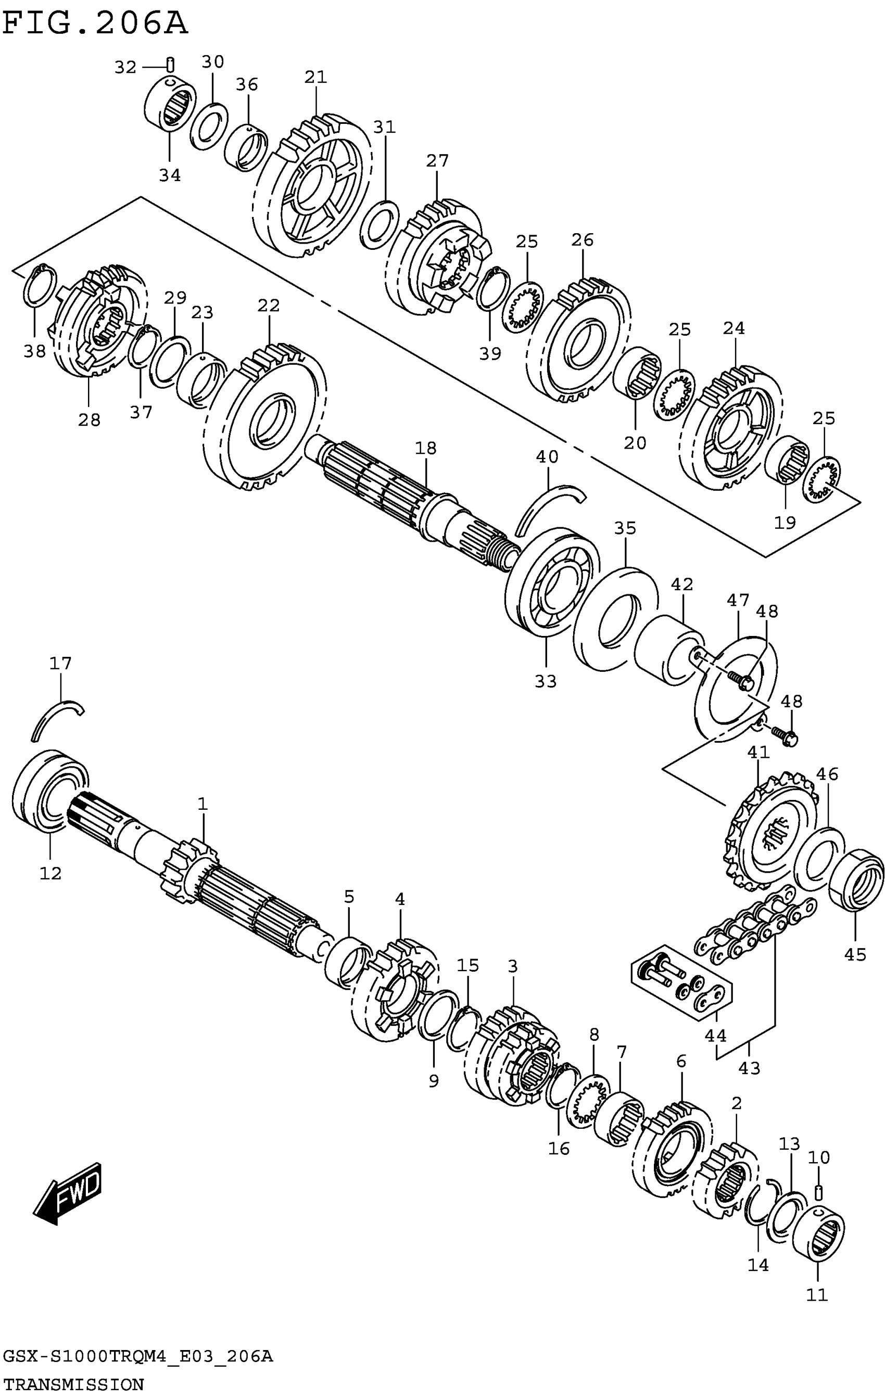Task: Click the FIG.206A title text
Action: point(95,24)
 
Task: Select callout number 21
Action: point(316,78)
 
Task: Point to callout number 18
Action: point(426,448)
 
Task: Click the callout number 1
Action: point(202,804)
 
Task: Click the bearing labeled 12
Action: point(49,791)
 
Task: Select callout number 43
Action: point(749,1067)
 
